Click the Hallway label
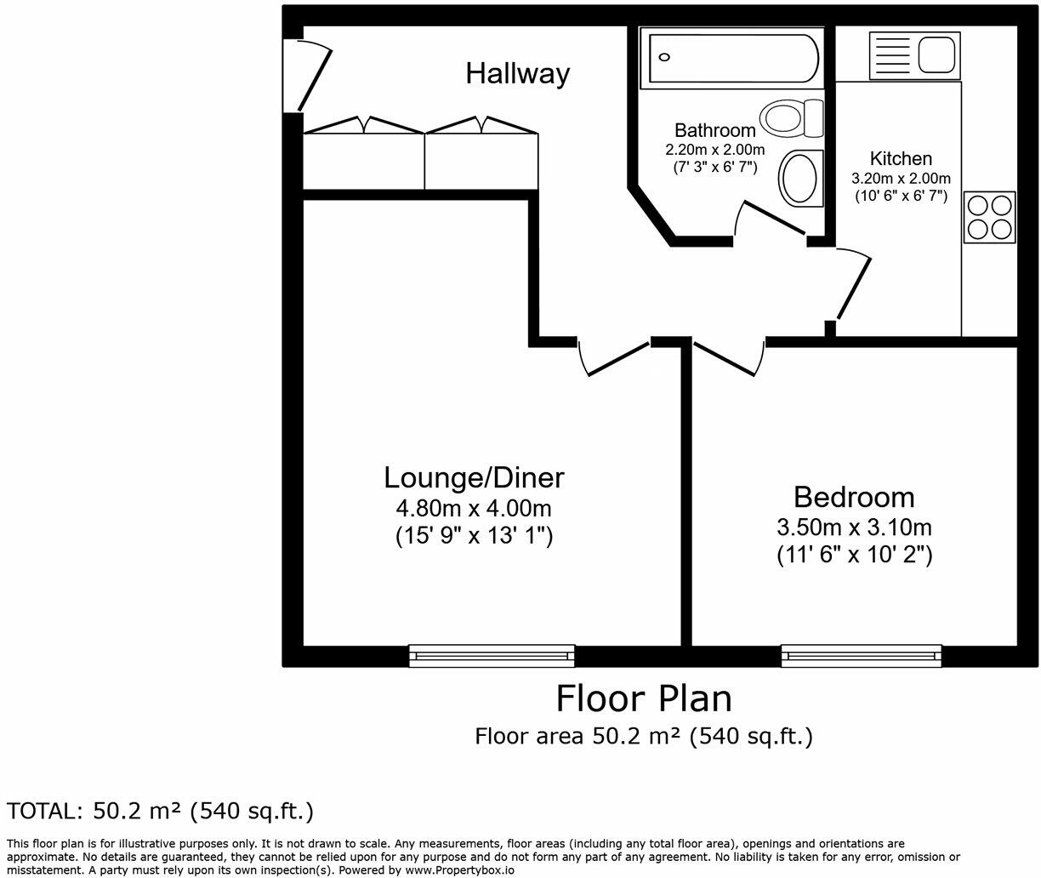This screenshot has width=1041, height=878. tap(517, 73)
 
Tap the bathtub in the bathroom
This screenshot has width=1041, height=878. tap(730, 58)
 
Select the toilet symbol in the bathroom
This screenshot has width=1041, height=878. tap(792, 117)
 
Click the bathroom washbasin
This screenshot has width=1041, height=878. tap(799, 178)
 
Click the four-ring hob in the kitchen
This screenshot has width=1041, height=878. tap(989, 217)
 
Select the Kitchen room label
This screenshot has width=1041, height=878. tap(901, 158)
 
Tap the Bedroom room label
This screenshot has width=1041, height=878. tap(854, 497)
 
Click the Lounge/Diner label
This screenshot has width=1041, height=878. tap(474, 477)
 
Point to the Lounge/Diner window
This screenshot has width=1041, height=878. tap(492, 654)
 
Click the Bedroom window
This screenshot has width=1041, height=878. tap(862, 654)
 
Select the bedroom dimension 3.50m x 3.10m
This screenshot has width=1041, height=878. tap(854, 527)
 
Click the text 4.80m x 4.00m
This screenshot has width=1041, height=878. tap(474, 509)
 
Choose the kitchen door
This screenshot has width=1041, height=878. tap(852, 285)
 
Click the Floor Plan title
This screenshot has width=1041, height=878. tap(644, 698)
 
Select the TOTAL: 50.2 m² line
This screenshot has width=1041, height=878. tap(161, 811)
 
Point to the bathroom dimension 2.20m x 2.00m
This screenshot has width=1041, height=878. tap(714, 149)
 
